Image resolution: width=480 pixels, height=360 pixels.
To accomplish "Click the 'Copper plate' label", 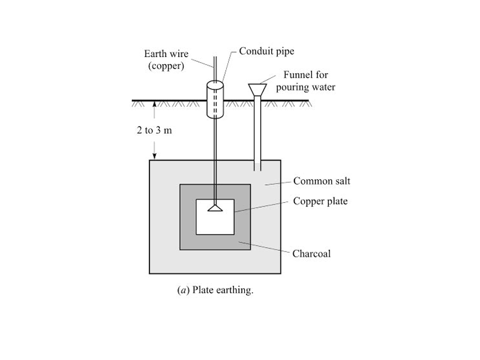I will tap(320, 201).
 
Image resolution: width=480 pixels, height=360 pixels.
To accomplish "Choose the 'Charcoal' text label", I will tap(311, 253).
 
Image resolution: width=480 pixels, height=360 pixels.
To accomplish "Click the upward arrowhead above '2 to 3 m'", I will tap(155, 104).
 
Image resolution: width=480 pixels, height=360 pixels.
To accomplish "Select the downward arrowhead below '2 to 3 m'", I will tap(155, 155).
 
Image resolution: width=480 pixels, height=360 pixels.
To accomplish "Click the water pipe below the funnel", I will tap(259, 132).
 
